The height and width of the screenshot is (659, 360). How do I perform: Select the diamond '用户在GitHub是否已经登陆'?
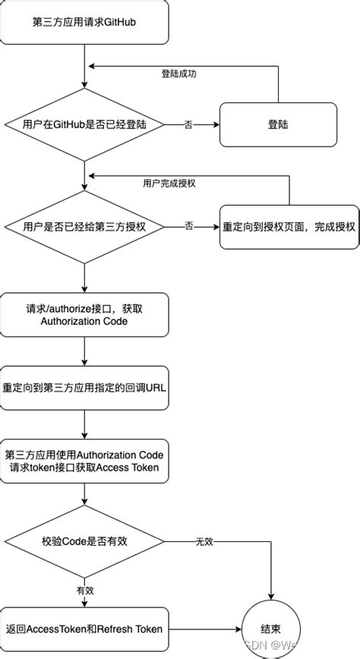[84, 124]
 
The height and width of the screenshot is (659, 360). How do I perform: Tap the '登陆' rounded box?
[278, 124]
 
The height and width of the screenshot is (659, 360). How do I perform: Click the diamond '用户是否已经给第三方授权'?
[84, 225]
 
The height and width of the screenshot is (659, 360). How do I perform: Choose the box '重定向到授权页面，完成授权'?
[289, 225]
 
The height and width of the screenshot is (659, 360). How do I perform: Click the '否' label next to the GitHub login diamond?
[188, 124]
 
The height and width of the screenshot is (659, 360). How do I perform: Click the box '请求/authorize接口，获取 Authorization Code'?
[84, 315]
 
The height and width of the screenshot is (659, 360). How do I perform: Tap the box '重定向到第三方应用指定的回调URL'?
[84, 387]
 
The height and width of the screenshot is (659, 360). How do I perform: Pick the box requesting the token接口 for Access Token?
[84, 460]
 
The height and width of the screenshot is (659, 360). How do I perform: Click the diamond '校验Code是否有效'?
[84, 541]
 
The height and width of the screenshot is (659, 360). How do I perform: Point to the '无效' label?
[204, 541]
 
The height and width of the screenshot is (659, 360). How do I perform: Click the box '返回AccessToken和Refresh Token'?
[84, 629]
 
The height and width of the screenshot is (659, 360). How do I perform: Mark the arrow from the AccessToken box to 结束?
[205, 629]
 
